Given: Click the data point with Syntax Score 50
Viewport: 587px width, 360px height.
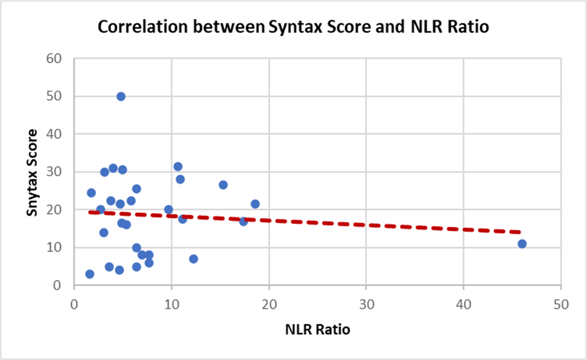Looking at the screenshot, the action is (x=121, y=97).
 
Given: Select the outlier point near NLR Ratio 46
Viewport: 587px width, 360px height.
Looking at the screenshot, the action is (x=522, y=243).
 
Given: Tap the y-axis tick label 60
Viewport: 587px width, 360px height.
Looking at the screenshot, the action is (x=54, y=59).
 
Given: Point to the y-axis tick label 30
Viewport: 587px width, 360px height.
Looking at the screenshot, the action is (x=54, y=172).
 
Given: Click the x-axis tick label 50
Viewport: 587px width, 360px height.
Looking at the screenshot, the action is (x=561, y=305).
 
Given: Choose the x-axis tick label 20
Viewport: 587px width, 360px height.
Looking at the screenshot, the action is (x=269, y=305).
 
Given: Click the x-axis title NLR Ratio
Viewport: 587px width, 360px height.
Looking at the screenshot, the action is (x=318, y=329).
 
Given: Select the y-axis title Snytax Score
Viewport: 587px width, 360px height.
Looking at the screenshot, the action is (x=32, y=173).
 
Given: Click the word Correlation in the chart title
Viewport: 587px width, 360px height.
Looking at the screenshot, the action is (x=142, y=27).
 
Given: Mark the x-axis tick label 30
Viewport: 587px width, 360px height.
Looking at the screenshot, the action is (x=366, y=305).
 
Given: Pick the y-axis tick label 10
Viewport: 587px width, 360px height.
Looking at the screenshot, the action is (x=54, y=247).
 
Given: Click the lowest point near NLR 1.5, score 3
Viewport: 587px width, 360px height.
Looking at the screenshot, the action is (x=89, y=274).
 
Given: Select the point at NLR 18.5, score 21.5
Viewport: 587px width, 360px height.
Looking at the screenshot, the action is (x=255, y=204).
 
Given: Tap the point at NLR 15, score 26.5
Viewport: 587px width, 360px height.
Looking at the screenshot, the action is (x=223, y=185).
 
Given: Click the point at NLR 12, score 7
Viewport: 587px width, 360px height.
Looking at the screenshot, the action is (x=193, y=259).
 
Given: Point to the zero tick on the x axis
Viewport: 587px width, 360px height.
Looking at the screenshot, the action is (x=74, y=305).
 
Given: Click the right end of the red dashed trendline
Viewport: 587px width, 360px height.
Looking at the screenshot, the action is (x=520, y=232).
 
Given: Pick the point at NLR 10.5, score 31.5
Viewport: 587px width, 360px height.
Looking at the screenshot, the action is (x=178, y=166).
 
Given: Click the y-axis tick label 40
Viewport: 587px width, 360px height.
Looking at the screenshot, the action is (x=54, y=134).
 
